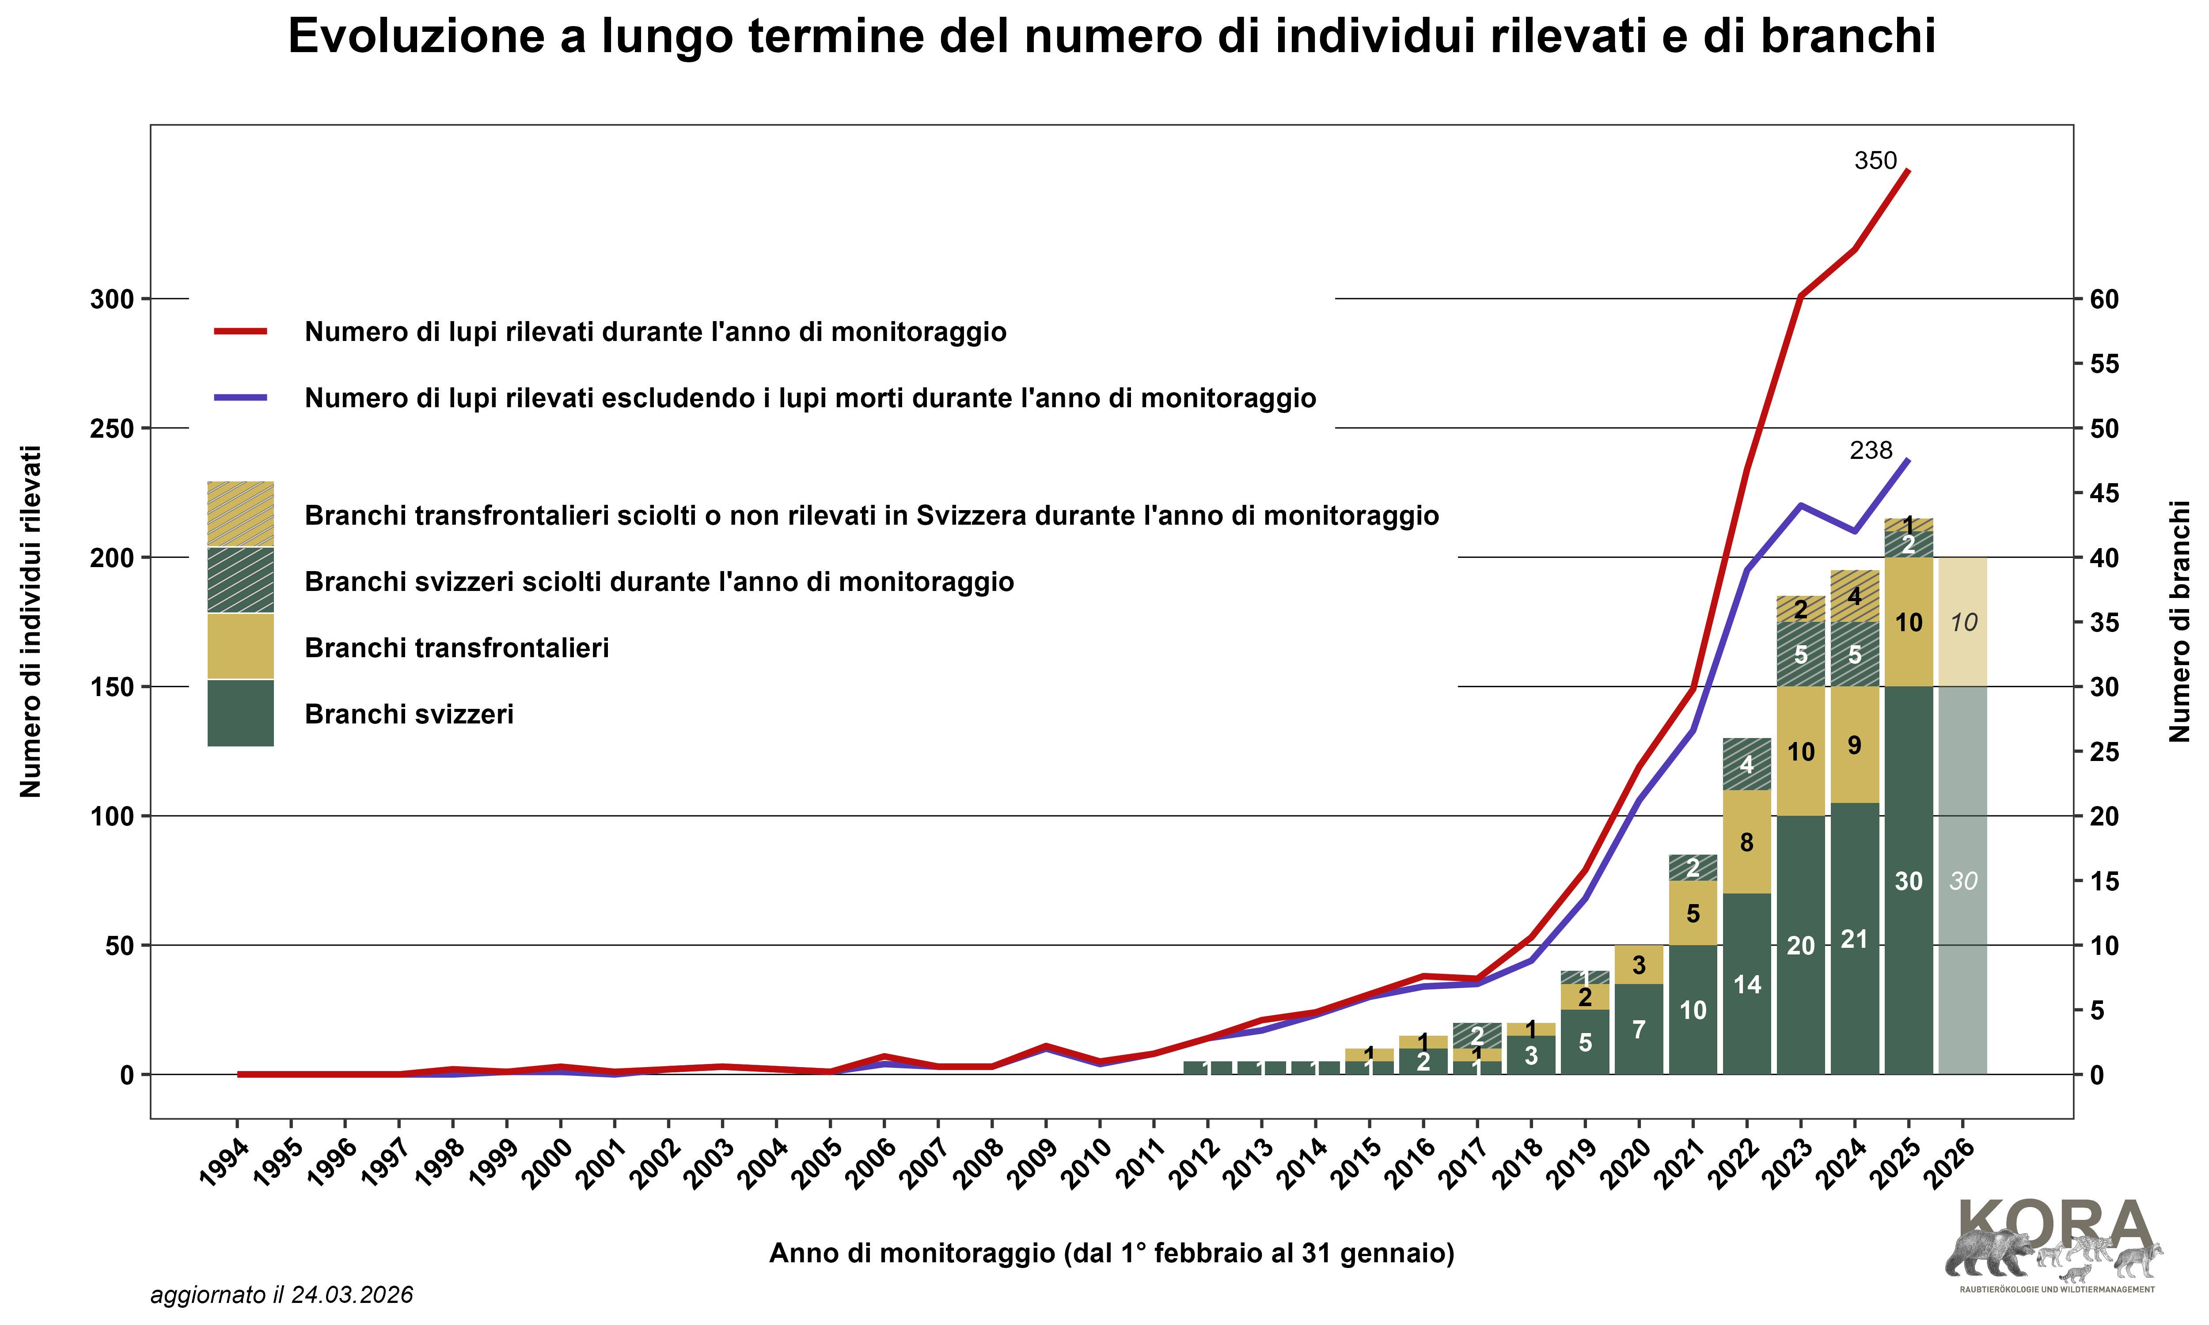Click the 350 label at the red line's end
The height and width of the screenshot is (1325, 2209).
coord(1875,161)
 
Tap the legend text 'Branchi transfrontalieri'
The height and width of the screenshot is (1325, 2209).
coord(456,648)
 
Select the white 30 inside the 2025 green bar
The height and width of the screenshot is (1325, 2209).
coord(1908,881)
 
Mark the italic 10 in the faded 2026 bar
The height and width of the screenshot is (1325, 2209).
coord(1963,622)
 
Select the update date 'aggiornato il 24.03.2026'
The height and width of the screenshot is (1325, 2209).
coord(281,1295)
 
